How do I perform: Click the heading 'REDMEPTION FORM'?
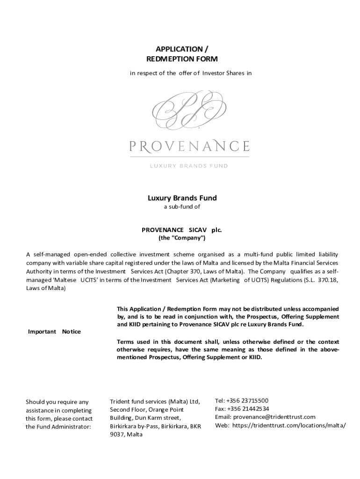182,59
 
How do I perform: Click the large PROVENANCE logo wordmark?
189,145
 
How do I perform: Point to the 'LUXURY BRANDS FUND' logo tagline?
188,165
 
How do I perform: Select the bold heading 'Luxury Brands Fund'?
182,198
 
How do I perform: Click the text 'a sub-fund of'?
182,206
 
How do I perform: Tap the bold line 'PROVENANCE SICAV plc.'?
182,230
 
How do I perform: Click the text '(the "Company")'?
182,238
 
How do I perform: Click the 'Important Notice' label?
54,332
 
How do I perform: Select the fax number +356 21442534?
248,409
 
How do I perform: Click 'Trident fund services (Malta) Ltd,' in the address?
155,401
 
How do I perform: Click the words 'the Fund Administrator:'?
58,427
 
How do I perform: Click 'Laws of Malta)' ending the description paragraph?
46,288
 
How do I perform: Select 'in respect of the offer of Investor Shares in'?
191,73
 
